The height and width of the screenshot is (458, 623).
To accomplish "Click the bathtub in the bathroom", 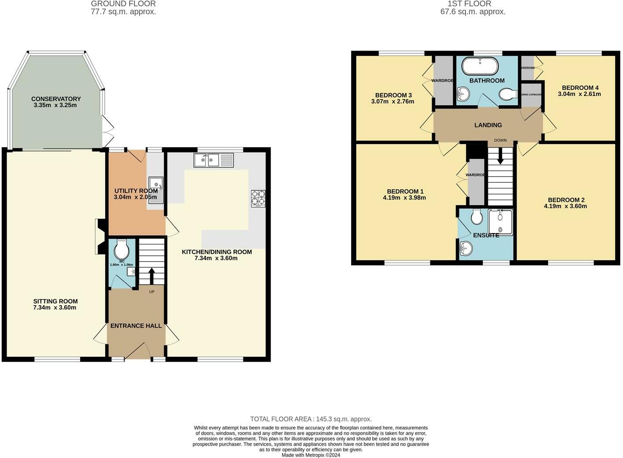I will click(480, 66).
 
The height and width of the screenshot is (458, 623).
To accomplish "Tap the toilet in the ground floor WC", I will click(121, 250).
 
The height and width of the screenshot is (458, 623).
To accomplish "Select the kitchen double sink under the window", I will click(214, 160).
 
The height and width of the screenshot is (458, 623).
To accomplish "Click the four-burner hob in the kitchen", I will click(258, 198).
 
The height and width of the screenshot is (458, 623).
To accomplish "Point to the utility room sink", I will click(156, 190).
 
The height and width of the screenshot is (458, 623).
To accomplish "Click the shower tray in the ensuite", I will click(501, 222).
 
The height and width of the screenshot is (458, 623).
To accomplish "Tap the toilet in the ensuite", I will click(476, 216).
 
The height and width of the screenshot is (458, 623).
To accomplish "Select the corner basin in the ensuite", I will click(465, 249).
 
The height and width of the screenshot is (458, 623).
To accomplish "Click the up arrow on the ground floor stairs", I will click(152, 276).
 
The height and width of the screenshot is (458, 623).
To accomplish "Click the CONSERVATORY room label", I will click(56, 99).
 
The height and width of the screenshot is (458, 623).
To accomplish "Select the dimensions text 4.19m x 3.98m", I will click(404, 198).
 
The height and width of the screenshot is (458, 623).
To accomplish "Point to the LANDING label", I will click(488, 125).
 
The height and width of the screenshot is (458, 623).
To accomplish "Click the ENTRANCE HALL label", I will click(136, 326).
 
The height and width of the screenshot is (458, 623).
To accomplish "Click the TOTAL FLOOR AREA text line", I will click(311, 419).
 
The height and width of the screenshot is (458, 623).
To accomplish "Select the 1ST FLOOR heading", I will click(473, 4).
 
